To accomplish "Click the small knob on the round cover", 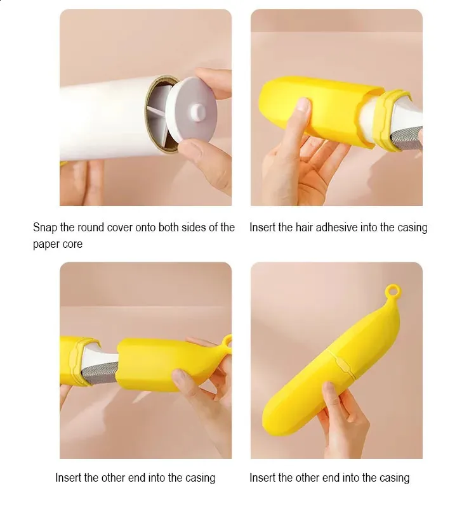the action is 198,112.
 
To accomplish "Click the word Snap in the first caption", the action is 45,228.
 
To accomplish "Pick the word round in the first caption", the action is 91,228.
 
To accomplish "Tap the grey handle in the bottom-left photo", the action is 100,372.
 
